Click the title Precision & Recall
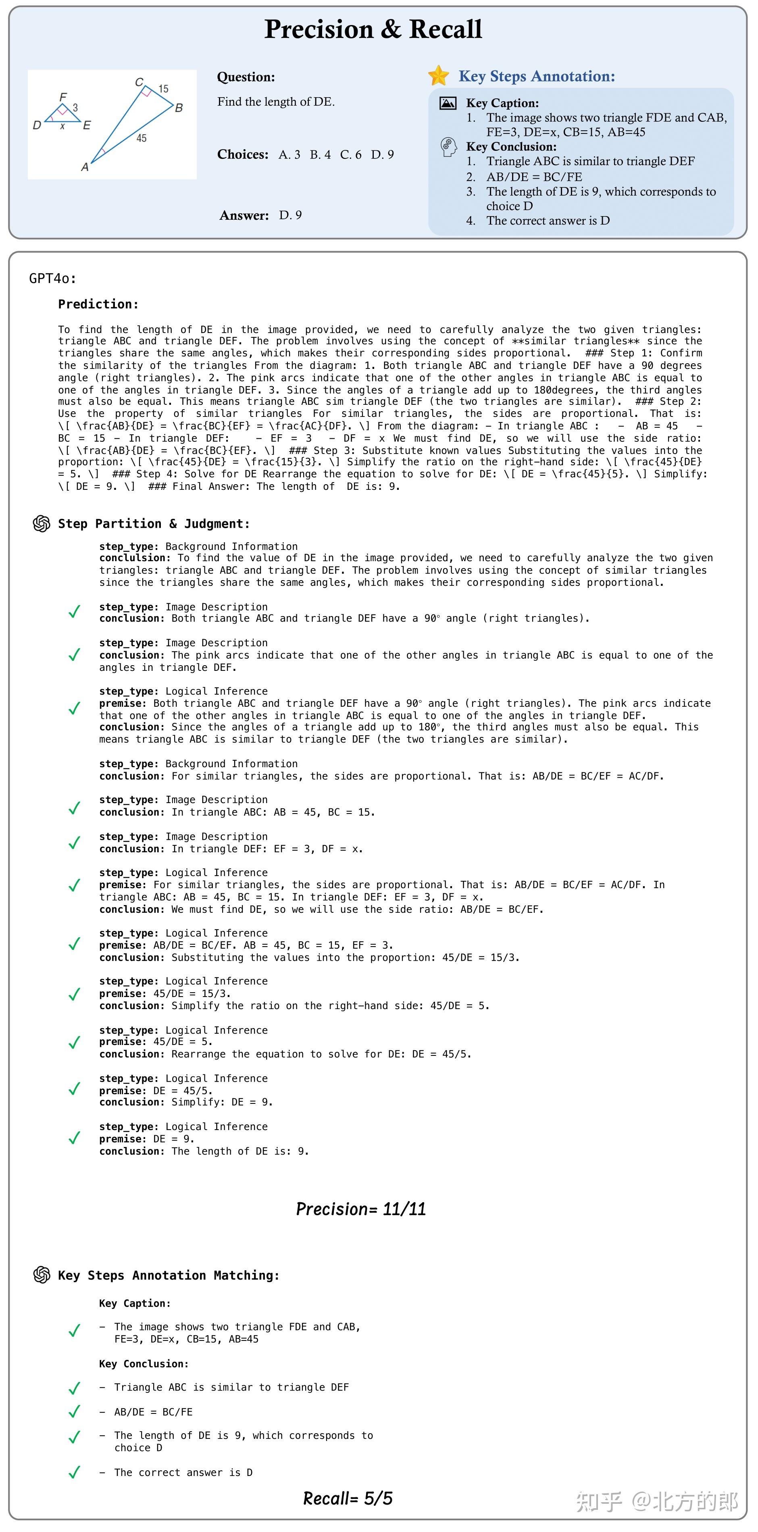pos(373,29)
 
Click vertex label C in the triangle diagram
pos(139,82)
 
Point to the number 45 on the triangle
pos(141,138)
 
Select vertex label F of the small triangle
pos(63,97)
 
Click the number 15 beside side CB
pos(163,89)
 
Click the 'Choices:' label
pos(243,155)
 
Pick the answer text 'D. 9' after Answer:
pos(290,215)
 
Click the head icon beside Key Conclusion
pos(448,146)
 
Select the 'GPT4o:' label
pos(53,278)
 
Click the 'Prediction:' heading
pos(98,304)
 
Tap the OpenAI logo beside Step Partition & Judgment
pos(42,523)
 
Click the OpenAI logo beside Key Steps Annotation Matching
pos(42,1275)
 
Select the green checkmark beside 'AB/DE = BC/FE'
pos(74,1411)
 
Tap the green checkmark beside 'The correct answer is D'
pos(74,1472)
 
